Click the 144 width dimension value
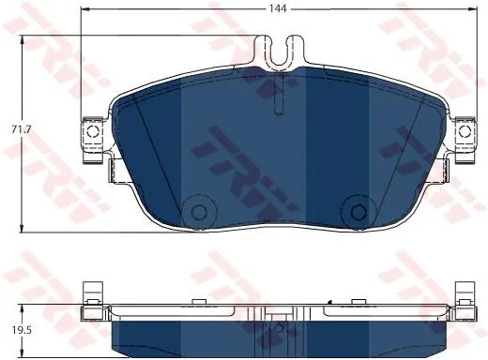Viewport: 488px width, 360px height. tap(278, 8)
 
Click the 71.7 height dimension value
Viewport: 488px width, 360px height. tap(21, 129)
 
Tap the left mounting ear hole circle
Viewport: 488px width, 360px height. tap(93, 131)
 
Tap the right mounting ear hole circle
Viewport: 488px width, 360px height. tap(465, 131)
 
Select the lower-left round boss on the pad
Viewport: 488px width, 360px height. tap(199, 212)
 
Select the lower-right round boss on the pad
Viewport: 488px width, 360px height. tap(358, 212)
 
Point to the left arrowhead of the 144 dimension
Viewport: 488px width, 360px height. tap(84, 9)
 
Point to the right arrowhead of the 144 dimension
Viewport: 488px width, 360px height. tap(473, 9)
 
